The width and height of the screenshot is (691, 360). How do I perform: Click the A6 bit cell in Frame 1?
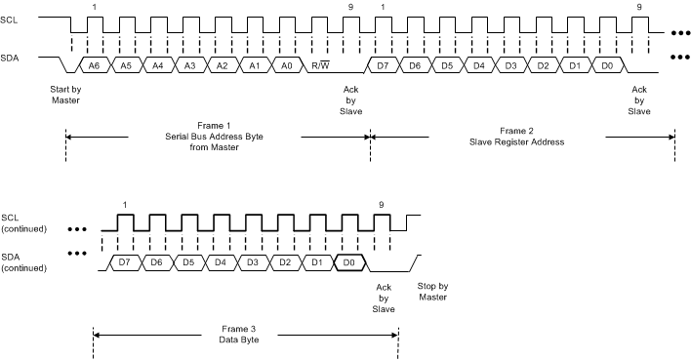coord(94,65)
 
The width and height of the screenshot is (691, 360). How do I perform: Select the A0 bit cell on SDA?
coord(286,65)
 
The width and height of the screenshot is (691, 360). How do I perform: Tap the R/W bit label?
coord(319,65)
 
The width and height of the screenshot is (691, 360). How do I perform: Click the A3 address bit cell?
coord(189,65)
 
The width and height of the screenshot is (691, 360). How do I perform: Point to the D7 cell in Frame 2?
coord(384,65)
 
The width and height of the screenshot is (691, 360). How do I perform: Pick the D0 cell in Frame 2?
coord(607,65)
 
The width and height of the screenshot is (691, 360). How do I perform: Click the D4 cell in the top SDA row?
coord(479,65)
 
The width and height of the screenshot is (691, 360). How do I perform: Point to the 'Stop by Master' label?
coord(433,290)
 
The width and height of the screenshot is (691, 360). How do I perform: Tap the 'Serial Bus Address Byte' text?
coord(214,136)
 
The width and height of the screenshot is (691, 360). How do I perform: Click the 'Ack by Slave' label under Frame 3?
coord(384,298)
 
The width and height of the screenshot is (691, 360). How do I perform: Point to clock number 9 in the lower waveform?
coord(381,204)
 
